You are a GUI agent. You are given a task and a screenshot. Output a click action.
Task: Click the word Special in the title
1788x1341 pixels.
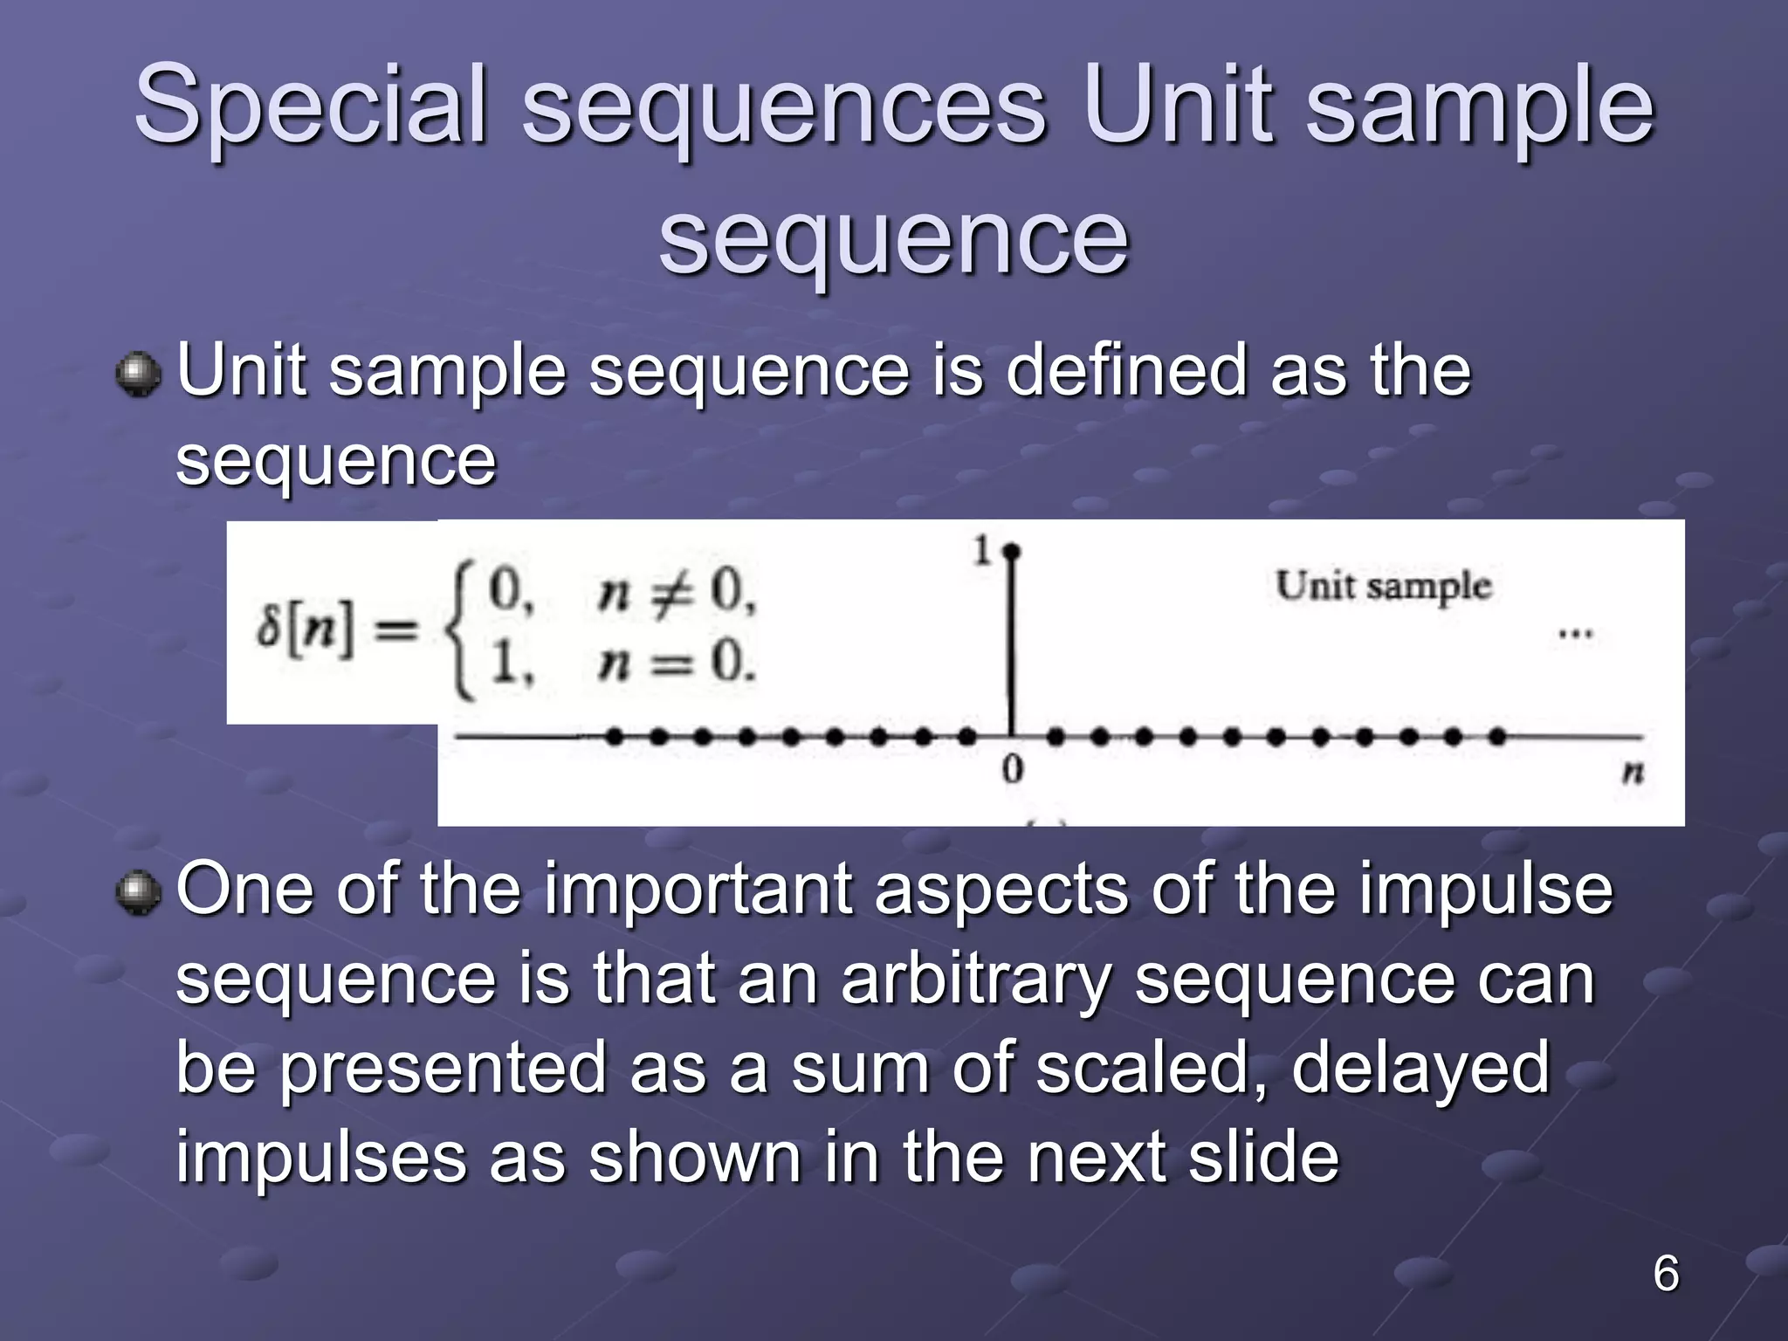tap(310, 107)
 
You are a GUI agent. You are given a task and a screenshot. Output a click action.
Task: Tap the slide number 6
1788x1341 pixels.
tap(1666, 1273)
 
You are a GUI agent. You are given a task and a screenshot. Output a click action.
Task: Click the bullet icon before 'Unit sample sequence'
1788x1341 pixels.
tap(138, 375)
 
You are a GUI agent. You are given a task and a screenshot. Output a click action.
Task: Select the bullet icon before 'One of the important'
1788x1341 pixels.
tap(138, 892)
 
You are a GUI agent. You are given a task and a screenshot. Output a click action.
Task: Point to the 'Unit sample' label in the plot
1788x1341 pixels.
tap(1383, 586)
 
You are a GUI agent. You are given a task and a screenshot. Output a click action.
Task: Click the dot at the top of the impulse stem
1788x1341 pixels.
tap(1012, 552)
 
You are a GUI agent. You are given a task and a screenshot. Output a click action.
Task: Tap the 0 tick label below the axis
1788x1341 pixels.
tap(1012, 770)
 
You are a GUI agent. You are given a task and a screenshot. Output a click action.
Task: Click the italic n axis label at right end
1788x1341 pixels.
tap(1632, 772)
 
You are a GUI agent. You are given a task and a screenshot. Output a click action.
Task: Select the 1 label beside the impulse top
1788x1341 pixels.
tap(982, 551)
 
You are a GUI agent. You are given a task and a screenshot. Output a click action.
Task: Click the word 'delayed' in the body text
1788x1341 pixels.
tap(1420, 1068)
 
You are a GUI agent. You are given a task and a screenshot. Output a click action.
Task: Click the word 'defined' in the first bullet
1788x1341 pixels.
tap(1125, 371)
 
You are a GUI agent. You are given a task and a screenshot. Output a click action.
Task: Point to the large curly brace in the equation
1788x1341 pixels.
tap(461, 630)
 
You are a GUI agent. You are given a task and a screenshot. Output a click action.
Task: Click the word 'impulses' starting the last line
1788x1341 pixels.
tap(320, 1159)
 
